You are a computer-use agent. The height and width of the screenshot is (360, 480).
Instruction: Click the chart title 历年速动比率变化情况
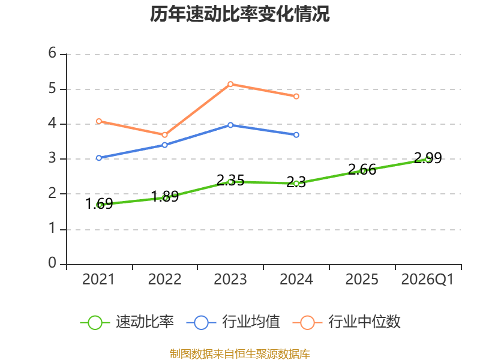[x=239, y=14]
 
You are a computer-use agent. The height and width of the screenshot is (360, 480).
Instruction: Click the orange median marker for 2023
[x=230, y=84]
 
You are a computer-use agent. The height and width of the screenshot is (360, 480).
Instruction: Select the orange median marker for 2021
[x=99, y=121]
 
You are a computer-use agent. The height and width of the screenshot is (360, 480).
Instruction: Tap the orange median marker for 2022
[x=164, y=135]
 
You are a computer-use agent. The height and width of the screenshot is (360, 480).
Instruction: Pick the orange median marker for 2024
[x=296, y=97]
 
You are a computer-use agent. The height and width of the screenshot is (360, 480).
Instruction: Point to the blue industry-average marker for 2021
[x=99, y=158]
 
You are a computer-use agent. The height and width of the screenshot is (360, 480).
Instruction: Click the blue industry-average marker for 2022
[x=164, y=145]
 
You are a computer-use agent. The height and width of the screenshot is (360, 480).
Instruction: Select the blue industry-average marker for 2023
[x=230, y=125]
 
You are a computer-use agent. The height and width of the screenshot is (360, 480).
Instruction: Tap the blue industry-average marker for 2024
[x=296, y=134]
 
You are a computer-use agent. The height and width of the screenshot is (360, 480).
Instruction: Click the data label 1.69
[x=99, y=204]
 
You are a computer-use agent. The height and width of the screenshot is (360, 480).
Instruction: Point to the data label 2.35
[x=230, y=181]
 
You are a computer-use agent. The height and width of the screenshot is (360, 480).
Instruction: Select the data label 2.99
[x=428, y=158]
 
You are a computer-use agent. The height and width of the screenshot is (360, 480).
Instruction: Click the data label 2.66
[x=362, y=170]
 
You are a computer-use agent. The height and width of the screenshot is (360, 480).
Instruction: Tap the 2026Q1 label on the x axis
[x=427, y=280]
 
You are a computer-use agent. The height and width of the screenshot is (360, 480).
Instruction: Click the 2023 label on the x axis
[x=230, y=280]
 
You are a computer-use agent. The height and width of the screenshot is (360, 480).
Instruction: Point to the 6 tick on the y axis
[x=52, y=53]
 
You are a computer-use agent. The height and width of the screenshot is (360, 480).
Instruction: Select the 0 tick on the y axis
[x=52, y=263]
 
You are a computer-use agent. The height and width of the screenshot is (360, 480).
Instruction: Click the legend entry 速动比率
[x=127, y=322]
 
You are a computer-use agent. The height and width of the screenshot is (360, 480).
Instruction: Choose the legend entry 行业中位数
[x=347, y=322]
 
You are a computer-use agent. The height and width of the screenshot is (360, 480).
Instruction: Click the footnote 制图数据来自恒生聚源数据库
[x=240, y=354]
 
